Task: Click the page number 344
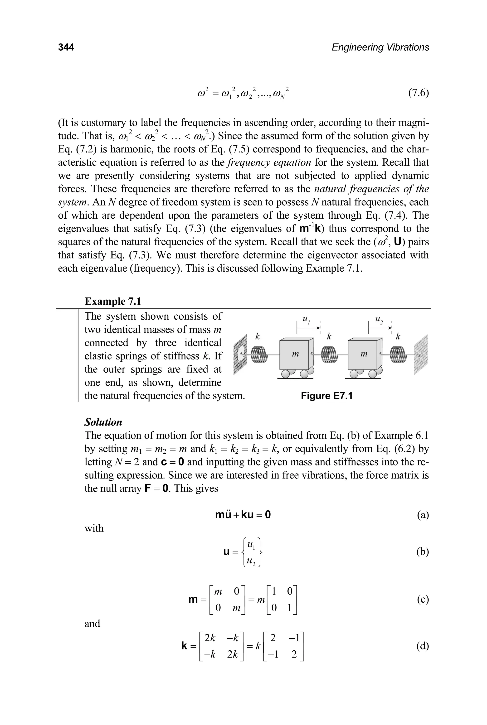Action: coord(66,47)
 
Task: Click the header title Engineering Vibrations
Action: coord(380,47)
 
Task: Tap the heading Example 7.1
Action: coord(113,301)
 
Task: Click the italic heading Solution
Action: coord(103,422)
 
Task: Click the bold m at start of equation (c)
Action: coord(193,600)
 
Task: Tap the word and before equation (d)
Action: coord(92,624)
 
